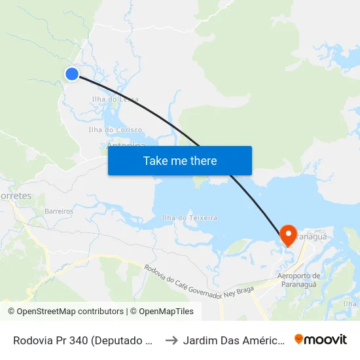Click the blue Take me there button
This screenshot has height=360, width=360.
pyautogui.click(x=180, y=160)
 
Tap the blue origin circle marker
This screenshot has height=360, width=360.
pyautogui.click(x=72, y=74)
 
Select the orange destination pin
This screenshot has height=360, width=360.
pyautogui.click(x=288, y=234)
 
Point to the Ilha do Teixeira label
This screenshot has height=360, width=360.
pyautogui.click(x=189, y=217)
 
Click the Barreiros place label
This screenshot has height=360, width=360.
pyautogui.click(x=59, y=211)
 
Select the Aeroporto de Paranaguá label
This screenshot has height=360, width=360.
pyautogui.click(x=298, y=279)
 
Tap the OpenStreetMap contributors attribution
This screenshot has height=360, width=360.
pyautogui.click(x=65, y=312)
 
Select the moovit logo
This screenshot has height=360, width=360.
pyautogui.click(x=321, y=340)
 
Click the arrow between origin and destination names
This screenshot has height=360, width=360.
pyautogui.click(x=172, y=340)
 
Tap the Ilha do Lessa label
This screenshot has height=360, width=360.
pyautogui.click(x=115, y=99)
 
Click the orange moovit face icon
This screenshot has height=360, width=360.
pyautogui.click(x=299, y=340)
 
